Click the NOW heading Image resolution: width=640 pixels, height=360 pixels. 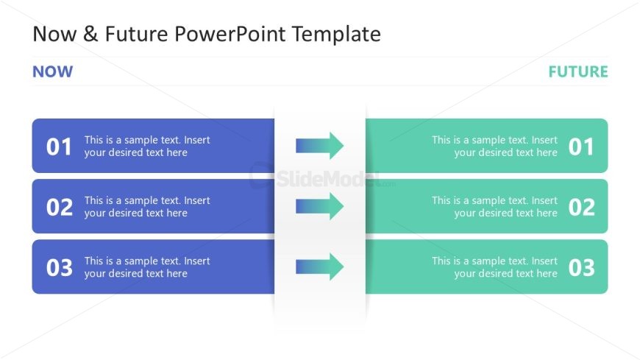[52, 71]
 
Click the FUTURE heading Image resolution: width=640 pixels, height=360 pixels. [577, 71]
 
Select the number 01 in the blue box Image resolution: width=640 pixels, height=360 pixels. [60, 147]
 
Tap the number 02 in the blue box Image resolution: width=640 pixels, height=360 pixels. [60, 207]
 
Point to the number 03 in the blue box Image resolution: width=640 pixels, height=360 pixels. [60, 267]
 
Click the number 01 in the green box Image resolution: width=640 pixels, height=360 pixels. [580, 147]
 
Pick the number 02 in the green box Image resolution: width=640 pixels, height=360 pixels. [580, 207]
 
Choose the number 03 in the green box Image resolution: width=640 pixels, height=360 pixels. [580, 267]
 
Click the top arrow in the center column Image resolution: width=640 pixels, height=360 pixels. [319, 146]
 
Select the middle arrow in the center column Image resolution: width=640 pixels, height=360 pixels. [319, 206]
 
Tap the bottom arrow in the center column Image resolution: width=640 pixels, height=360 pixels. [319, 267]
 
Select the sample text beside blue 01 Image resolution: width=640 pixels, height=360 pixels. [147, 147]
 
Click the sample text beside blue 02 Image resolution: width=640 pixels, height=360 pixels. [147, 207]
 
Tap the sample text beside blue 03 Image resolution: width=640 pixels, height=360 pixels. [147, 267]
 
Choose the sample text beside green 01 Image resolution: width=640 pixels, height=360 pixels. [494, 147]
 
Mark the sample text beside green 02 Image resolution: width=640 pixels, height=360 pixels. [494, 207]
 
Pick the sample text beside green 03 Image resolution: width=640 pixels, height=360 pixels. [494, 267]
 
